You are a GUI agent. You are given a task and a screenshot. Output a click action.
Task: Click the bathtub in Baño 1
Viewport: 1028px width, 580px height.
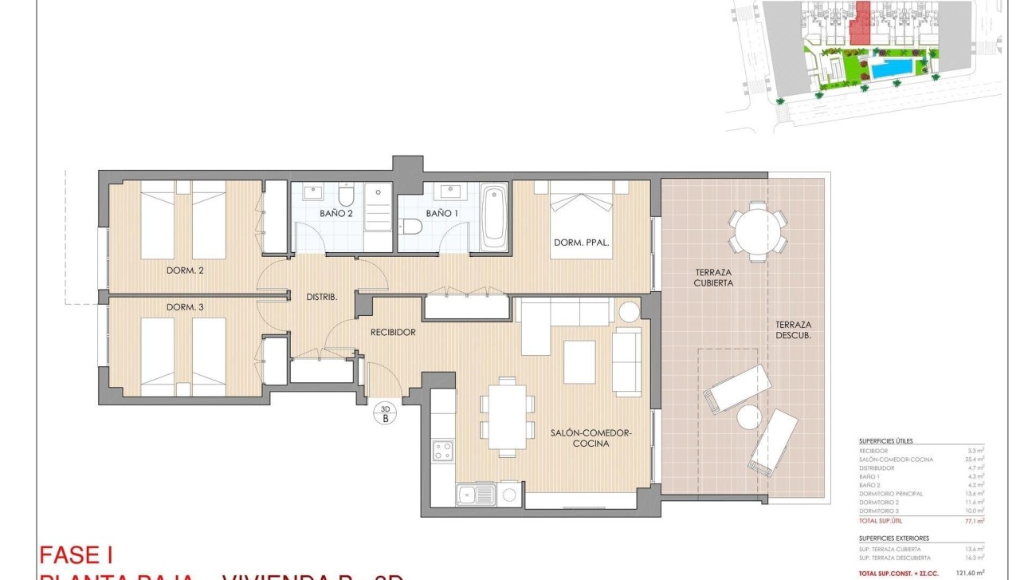click(494, 215)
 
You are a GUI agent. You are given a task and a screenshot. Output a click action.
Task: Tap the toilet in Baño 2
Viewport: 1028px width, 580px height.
click(346, 195)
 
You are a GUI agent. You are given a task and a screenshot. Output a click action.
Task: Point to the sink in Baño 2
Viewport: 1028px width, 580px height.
click(312, 192)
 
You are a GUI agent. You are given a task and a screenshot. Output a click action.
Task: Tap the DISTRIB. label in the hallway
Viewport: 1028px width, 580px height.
click(323, 296)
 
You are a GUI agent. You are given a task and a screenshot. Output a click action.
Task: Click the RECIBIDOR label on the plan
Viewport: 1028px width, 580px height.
click(393, 332)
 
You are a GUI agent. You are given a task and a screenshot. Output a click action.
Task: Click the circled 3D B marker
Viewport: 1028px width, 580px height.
click(386, 412)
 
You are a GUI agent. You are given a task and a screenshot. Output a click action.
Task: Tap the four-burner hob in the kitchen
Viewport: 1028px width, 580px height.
click(442, 450)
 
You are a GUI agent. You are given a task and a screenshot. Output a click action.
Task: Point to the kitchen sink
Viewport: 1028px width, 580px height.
click(477, 495)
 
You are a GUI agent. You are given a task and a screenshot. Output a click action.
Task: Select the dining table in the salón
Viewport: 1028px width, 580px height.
click(507, 416)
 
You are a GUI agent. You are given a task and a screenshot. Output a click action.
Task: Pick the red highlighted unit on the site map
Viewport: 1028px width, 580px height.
click(859, 24)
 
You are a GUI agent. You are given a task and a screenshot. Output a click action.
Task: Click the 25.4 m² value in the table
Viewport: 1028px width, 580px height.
click(975, 460)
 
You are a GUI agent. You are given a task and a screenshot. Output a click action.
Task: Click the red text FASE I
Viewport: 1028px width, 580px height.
click(77, 554)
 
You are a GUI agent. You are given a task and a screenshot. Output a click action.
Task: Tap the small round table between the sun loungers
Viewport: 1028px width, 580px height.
click(749, 416)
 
